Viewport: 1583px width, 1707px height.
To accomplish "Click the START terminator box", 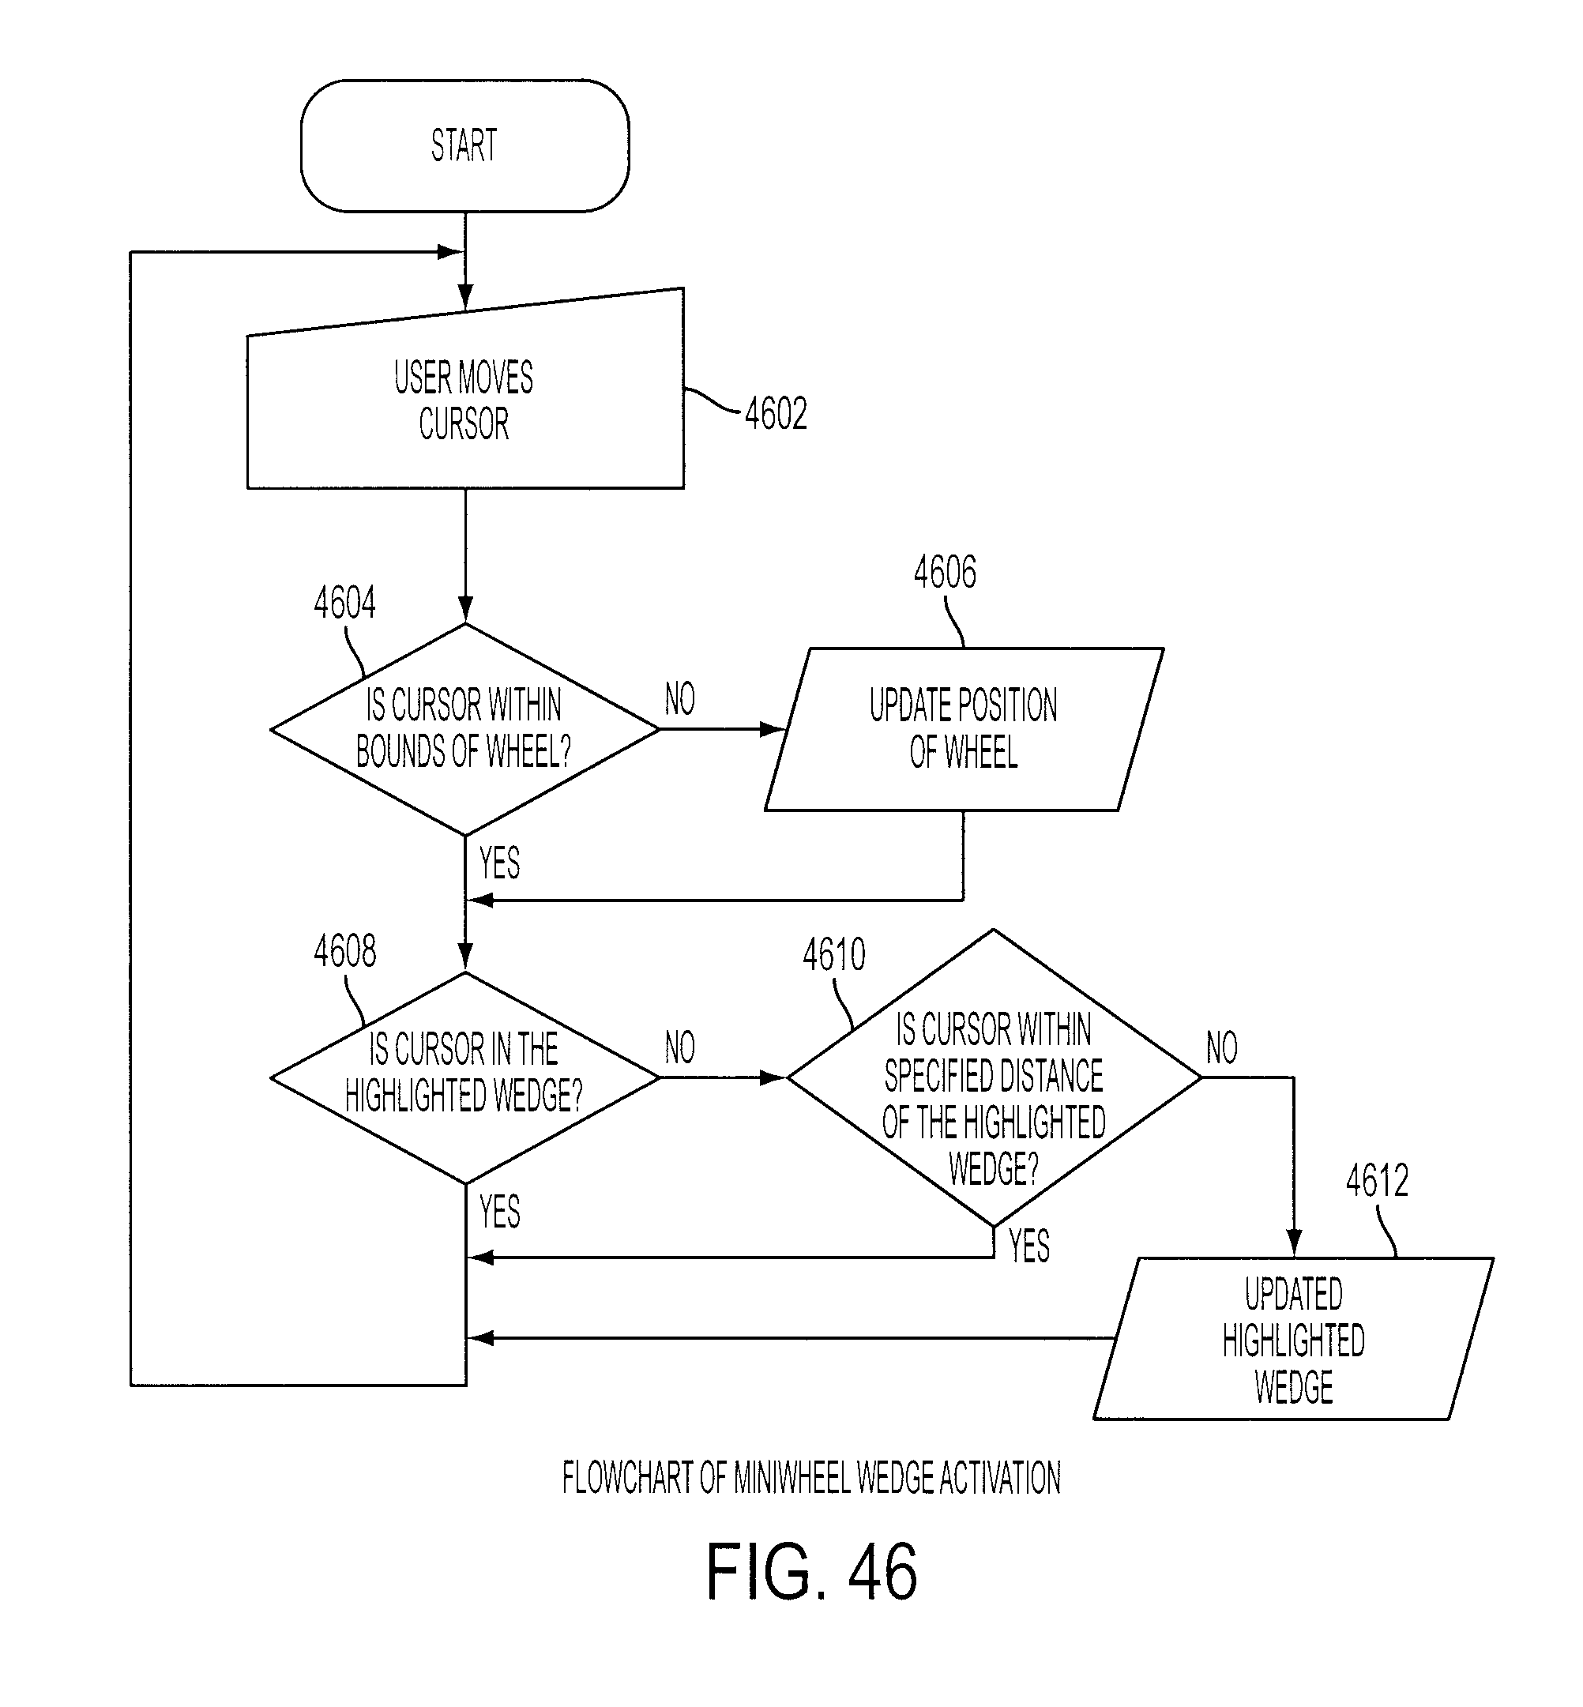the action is click(465, 145).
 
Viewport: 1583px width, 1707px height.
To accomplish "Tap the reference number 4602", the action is click(776, 415).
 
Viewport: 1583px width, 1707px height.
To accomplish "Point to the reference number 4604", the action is click(344, 603).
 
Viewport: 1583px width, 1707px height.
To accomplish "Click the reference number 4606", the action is click(945, 572).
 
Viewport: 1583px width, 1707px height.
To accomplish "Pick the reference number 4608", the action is click(344, 952).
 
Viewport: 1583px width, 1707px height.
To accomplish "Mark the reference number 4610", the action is click(833, 954).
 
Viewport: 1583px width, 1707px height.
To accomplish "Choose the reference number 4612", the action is click(1378, 1181).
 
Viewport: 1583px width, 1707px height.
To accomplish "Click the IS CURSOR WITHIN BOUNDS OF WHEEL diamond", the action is click(465, 729).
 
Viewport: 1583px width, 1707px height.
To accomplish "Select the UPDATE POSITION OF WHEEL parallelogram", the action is click(964, 729).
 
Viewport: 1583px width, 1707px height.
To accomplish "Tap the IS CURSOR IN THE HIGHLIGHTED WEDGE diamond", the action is click(465, 1077).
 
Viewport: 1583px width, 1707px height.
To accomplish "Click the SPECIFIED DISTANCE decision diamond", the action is click(994, 1077).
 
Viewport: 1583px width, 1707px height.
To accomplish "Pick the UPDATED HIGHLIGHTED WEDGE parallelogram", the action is click(1293, 1339).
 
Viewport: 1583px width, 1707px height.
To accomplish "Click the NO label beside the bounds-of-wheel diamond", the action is click(680, 699).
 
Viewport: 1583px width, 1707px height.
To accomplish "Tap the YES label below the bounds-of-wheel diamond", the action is click(499, 863).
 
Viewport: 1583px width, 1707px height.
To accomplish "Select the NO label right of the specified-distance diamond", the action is click(1221, 1047).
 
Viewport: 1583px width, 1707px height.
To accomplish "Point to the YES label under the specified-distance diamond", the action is click(1028, 1246).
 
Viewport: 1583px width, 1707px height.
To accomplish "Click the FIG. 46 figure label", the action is click(811, 1572).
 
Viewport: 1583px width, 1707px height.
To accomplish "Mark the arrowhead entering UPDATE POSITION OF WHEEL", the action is click(774, 729).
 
